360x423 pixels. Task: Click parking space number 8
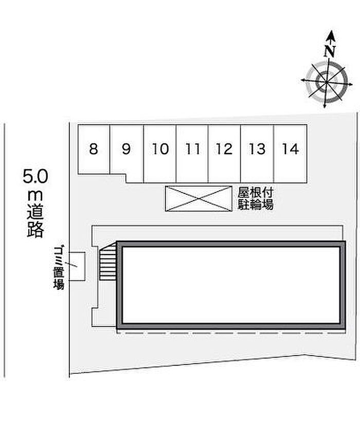[x=94, y=149]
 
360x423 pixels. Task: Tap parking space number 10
[x=160, y=153]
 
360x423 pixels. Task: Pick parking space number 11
[x=192, y=153]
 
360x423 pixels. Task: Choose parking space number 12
[x=224, y=153]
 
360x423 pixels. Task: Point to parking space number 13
[x=257, y=153]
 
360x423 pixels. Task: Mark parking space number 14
[x=291, y=153]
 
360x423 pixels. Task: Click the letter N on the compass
[x=330, y=51]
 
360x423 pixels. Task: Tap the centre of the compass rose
[x=327, y=82]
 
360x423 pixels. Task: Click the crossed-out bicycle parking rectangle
[x=199, y=198]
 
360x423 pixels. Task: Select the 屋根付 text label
[x=255, y=193]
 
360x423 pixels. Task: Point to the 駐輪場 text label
[x=255, y=205]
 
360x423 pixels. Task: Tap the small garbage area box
[x=77, y=266]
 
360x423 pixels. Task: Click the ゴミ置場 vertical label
[x=59, y=268]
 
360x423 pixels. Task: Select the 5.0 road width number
[x=35, y=176]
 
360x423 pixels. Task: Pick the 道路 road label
[x=35, y=222]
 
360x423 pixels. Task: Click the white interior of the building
[x=231, y=285]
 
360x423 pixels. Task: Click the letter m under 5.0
[x=35, y=195]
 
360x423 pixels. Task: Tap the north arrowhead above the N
[x=331, y=35]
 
